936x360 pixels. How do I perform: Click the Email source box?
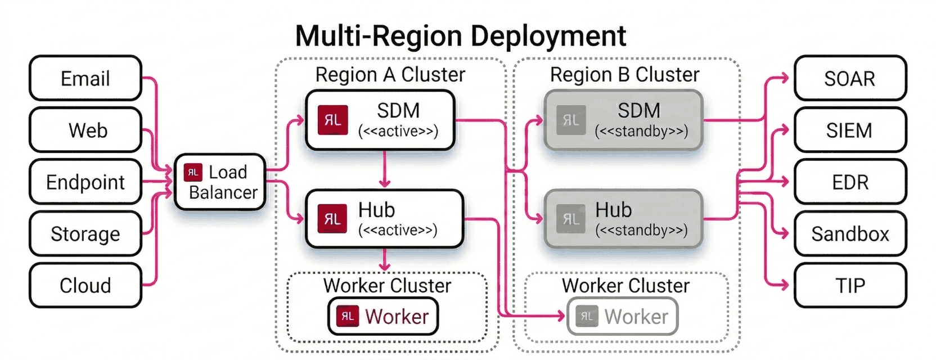point(85,78)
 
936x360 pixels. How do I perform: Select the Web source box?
point(85,130)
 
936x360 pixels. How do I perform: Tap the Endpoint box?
point(85,182)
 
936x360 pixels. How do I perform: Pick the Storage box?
point(85,233)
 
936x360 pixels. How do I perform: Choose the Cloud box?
point(85,285)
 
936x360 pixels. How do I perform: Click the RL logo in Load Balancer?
point(193,172)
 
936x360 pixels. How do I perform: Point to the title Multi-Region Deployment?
point(460,36)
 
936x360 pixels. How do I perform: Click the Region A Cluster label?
point(390,74)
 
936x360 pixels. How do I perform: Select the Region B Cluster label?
point(624,74)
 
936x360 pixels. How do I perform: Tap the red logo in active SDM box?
point(332,120)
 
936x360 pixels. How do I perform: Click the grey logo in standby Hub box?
point(570,219)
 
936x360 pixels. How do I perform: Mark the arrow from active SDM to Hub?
point(385,169)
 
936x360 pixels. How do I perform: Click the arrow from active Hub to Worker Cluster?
point(385,260)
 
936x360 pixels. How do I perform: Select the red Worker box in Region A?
point(383,317)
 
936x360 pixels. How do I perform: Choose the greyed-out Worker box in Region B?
point(623,317)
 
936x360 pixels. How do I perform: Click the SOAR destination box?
point(849,78)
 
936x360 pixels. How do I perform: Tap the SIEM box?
point(849,130)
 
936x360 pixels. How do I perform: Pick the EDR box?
point(849,182)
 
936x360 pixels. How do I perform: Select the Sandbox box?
point(849,233)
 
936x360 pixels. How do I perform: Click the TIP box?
point(849,285)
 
